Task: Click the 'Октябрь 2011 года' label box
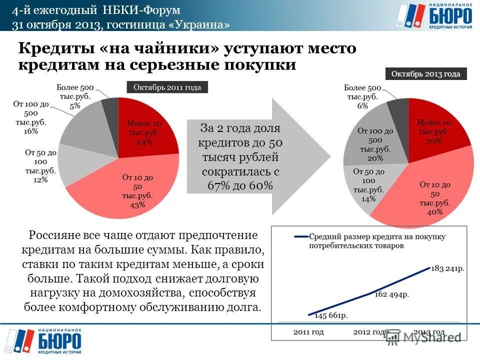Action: (167, 87)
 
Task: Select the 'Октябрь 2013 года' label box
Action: (426, 74)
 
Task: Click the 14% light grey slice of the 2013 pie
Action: (365, 185)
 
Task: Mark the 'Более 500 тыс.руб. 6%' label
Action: (362, 96)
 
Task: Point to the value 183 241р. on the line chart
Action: (448, 268)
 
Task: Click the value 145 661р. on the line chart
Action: (330, 315)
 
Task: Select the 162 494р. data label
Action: (392, 294)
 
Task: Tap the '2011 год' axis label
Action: (308, 331)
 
